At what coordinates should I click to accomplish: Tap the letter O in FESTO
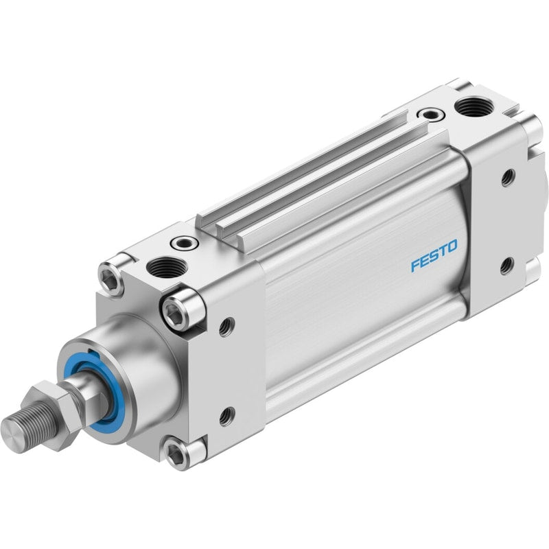tap(452, 246)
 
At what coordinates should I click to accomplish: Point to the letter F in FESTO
tap(416, 265)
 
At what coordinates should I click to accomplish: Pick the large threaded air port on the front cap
tap(167, 267)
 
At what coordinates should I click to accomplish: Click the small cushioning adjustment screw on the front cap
tap(183, 242)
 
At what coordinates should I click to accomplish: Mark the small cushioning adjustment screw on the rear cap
tap(431, 114)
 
